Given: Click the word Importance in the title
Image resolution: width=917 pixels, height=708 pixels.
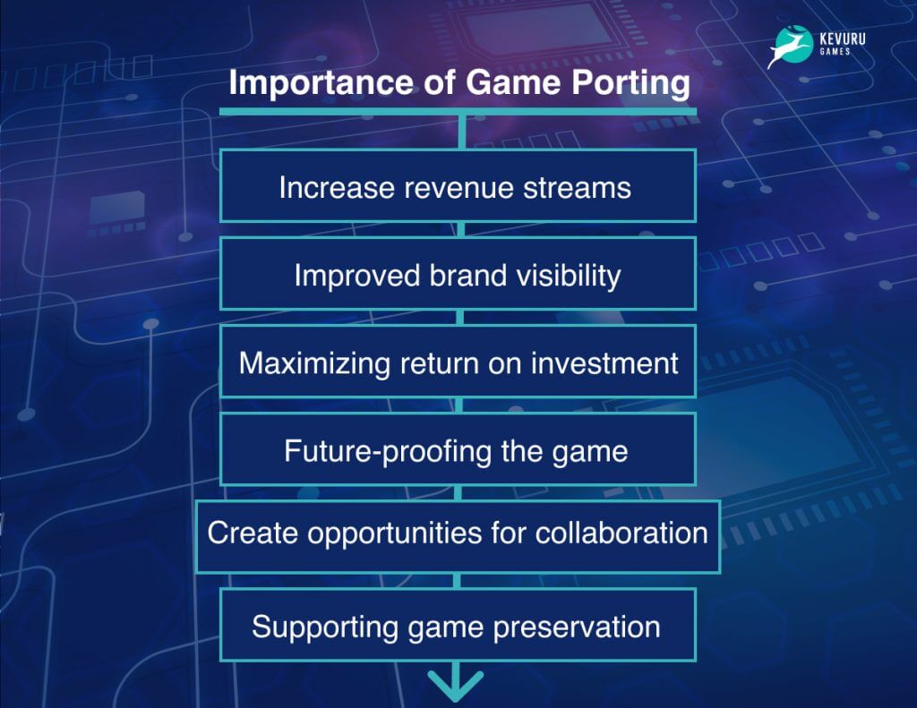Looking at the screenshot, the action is pyautogui.click(x=321, y=81).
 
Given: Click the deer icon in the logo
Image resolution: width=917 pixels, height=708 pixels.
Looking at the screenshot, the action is pyautogui.click(x=790, y=47).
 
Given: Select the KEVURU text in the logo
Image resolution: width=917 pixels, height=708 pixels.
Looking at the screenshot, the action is pyautogui.click(x=842, y=39).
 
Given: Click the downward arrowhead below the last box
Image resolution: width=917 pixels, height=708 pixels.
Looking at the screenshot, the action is pyautogui.click(x=456, y=686).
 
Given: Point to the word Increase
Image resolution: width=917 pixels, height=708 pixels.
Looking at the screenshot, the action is pyautogui.click(x=337, y=188).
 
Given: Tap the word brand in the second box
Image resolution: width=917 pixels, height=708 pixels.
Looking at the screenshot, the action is pyautogui.click(x=467, y=276).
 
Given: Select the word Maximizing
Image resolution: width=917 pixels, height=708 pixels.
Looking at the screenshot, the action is pyautogui.click(x=314, y=364).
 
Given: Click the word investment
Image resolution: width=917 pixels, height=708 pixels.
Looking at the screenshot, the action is pyautogui.click(x=604, y=363).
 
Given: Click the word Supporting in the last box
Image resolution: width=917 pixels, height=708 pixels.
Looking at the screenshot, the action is pyautogui.click(x=324, y=628).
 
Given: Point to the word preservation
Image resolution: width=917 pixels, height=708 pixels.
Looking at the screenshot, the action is pyautogui.click(x=577, y=628).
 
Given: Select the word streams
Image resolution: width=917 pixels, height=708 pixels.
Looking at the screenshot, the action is pyautogui.click(x=578, y=188).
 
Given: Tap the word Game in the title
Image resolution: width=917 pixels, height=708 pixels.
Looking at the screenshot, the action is pyautogui.click(x=514, y=81).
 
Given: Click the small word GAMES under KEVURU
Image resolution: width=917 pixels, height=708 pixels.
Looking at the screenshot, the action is pyautogui.click(x=836, y=51).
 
